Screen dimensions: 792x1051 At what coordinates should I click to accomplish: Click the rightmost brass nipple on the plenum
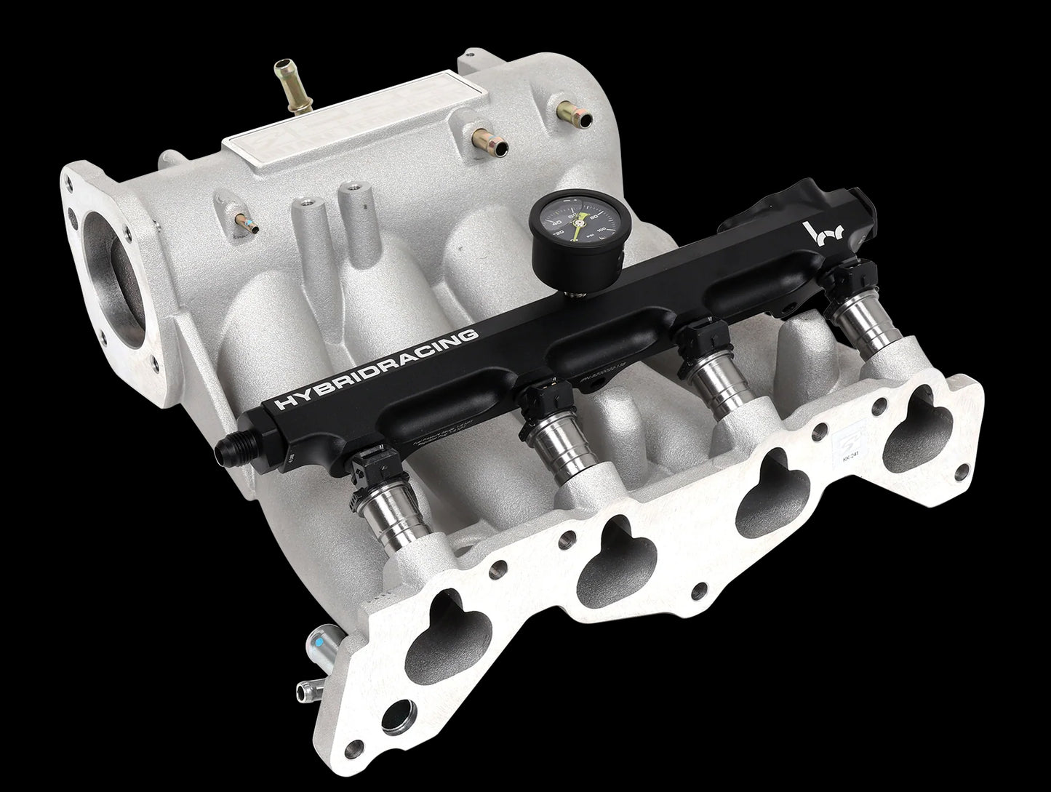(567, 111)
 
